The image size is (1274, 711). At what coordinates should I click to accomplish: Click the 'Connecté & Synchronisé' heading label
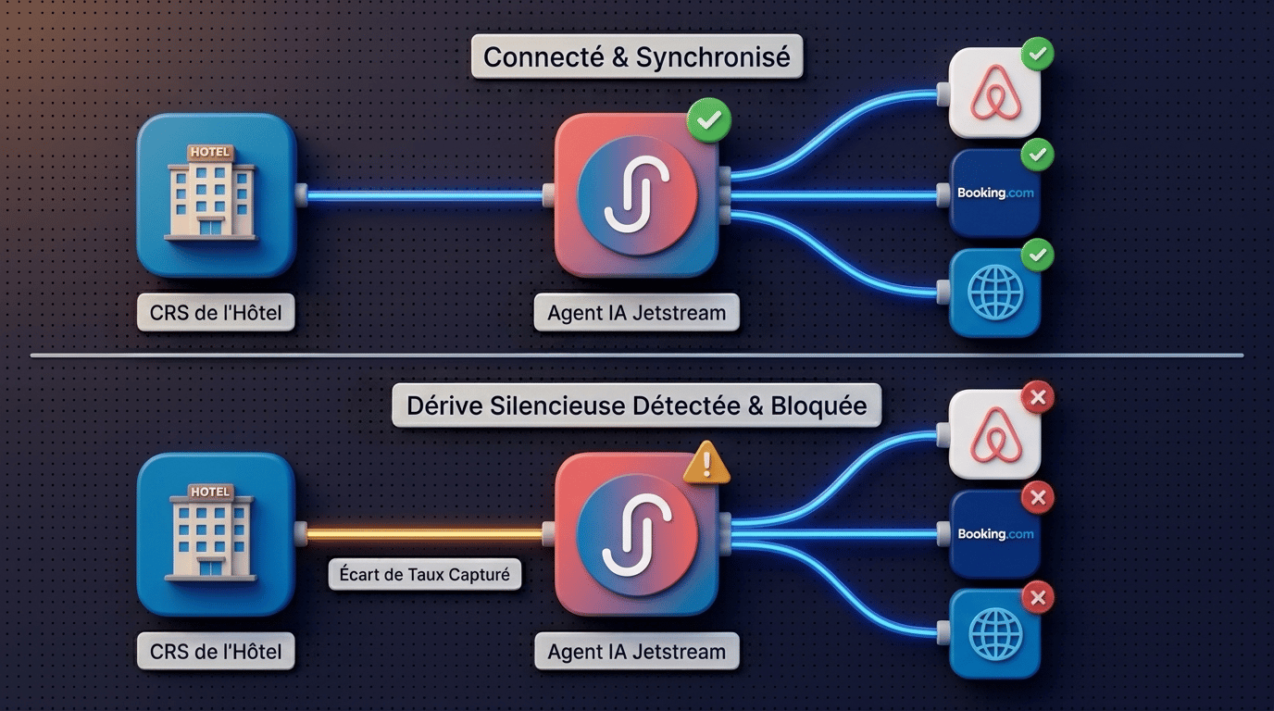637,56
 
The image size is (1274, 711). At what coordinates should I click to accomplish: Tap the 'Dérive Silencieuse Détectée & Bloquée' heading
636,405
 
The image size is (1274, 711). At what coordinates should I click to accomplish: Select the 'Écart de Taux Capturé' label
425,575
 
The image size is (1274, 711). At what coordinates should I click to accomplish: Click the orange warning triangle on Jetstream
706,463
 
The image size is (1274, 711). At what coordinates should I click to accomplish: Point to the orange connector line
425,534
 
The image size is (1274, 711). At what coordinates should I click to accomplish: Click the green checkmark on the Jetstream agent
708,120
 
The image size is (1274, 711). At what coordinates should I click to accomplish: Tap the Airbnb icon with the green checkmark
994,93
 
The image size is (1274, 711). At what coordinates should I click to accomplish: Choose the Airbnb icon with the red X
994,434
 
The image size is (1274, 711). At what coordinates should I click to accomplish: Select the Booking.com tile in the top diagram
994,193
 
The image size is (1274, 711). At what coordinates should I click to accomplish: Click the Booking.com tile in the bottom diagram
994,534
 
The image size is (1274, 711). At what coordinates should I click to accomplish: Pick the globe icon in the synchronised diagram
994,293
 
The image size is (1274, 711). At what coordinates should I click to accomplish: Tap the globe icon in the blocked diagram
994,633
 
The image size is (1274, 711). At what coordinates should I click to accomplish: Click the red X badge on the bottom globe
1038,597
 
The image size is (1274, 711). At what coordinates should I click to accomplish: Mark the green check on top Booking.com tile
1037,155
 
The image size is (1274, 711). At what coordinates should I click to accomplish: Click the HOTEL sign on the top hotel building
210,153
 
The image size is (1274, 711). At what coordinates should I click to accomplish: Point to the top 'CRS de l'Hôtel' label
216,312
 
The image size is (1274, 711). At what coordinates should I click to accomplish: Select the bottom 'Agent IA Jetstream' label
636,651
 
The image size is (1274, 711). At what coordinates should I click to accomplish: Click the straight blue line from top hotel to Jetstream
425,195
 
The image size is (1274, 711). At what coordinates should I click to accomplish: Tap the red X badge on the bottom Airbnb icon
1038,397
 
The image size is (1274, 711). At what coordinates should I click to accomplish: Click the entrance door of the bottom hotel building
210,567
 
